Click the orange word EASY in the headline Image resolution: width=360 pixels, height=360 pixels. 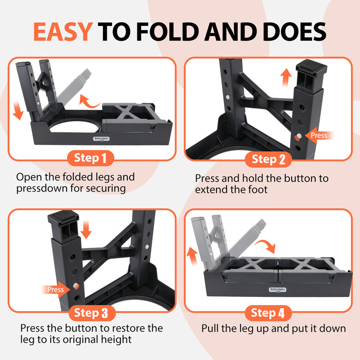pyautogui.click(x=63, y=32)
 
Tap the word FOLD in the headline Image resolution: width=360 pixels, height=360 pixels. pyautogui.click(x=169, y=32)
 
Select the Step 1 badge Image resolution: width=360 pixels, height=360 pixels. pyautogui.click(x=90, y=158)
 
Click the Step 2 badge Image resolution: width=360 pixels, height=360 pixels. pyautogui.click(x=268, y=159)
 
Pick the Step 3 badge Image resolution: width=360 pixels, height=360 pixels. pyautogui.click(x=91, y=313)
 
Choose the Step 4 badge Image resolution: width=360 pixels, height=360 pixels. pyautogui.click(x=268, y=313)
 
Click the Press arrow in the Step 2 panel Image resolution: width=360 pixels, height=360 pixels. pyautogui.click(x=319, y=135)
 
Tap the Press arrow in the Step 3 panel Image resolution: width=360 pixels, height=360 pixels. pyautogui.click(x=55, y=289)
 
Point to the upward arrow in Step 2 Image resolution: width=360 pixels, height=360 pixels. pyautogui.click(x=286, y=78)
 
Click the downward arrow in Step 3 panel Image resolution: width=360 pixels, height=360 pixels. pyautogui.click(x=86, y=229)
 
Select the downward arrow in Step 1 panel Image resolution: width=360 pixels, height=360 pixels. pyautogui.click(x=18, y=111)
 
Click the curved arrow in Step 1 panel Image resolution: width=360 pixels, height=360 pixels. pyautogui.click(x=89, y=102)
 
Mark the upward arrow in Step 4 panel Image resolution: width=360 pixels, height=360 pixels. pyautogui.click(x=192, y=256)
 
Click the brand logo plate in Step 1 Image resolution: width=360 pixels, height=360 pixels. pyautogui.click(x=101, y=138)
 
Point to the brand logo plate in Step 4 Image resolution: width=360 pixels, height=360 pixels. pyautogui.click(x=277, y=290)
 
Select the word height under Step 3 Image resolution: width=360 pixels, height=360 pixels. pyautogui.click(x=116, y=340)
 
